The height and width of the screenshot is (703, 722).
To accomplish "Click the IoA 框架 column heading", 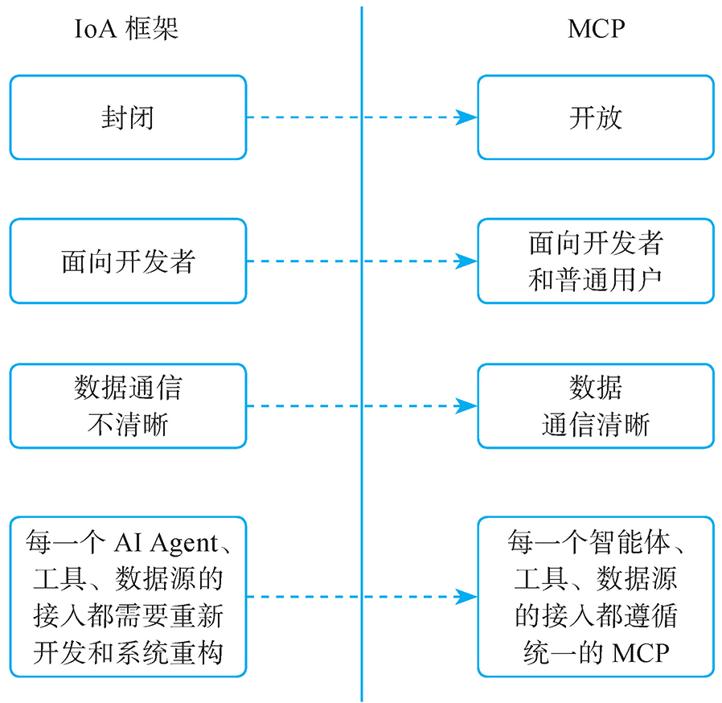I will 127,30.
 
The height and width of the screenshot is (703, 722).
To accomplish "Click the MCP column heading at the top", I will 596,30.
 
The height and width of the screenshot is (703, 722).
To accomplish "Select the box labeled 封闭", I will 128,117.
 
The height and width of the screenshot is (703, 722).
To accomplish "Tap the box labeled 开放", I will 595,117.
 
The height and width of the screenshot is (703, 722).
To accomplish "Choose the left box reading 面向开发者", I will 128,261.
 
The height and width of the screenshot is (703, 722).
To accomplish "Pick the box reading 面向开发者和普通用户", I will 595,261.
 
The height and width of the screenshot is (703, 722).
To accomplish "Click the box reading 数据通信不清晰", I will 128,405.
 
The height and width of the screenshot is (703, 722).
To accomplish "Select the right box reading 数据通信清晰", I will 595,405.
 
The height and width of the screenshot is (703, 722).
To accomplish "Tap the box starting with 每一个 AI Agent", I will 128,597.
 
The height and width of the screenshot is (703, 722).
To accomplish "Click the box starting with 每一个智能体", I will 595,597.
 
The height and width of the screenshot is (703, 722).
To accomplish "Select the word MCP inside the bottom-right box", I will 640,652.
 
